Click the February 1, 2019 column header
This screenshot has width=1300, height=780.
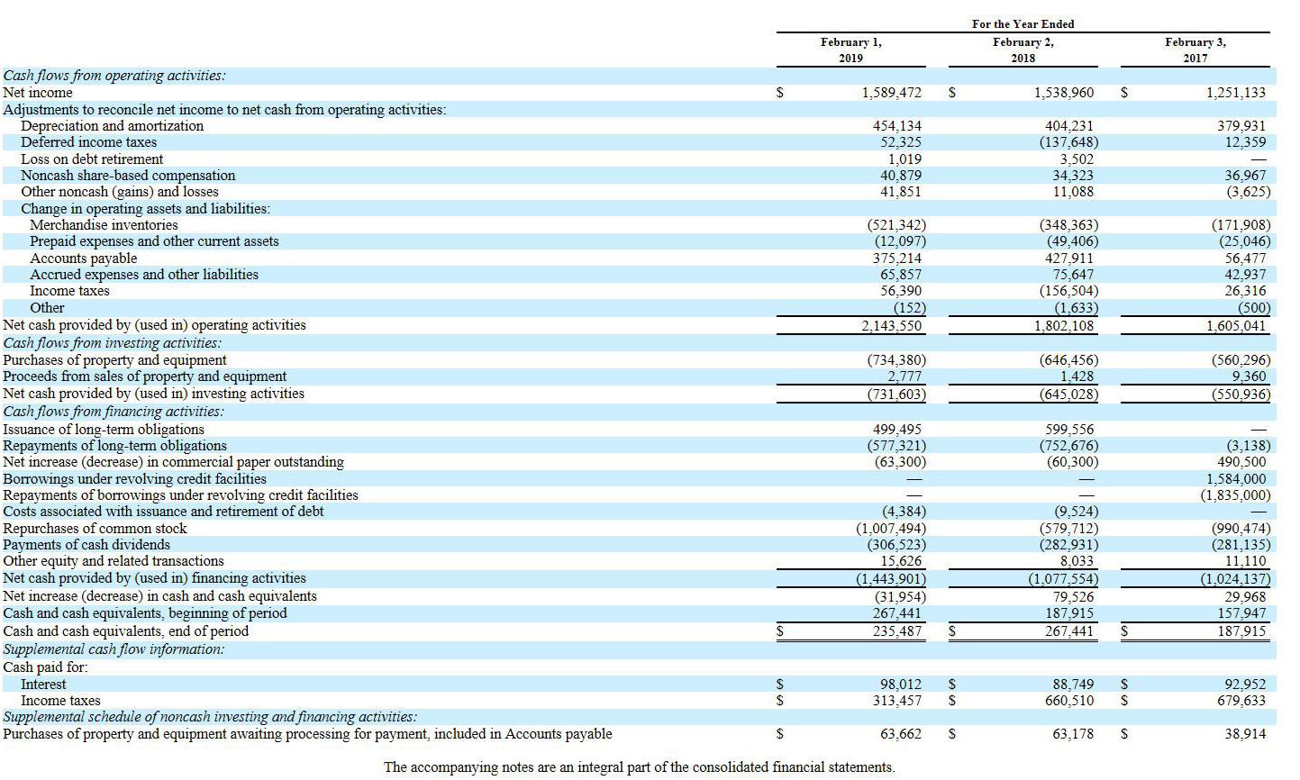coord(850,50)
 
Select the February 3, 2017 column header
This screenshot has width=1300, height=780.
coord(1195,50)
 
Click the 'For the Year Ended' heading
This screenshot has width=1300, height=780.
coord(1023,24)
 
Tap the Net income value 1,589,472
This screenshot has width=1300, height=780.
coord(891,93)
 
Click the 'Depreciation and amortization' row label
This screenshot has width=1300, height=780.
coord(113,126)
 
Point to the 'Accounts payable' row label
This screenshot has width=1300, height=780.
coord(84,258)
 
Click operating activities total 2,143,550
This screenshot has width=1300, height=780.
coord(891,325)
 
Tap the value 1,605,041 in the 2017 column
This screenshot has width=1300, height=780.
coord(1235,325)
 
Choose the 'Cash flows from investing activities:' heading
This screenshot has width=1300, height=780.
coord(113,343)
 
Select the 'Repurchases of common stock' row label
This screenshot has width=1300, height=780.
coord(95,529)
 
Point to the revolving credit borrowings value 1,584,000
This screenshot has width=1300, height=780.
coord(1235,479)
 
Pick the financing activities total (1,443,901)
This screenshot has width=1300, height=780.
coord(890,579)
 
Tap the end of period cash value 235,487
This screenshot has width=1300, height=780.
coord(897,631)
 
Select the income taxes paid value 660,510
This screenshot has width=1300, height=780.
coord(1069,701)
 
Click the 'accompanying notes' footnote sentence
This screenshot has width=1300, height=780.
coord(640,767)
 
